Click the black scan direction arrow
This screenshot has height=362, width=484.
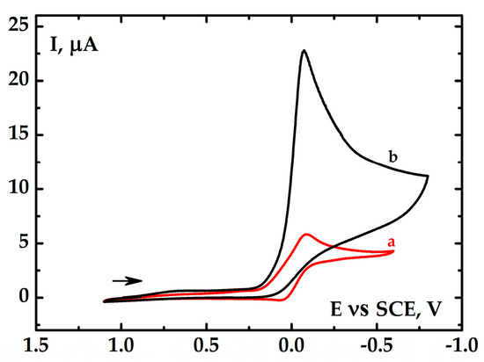127,281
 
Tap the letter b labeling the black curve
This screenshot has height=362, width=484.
393,157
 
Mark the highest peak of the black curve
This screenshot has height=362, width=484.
304,50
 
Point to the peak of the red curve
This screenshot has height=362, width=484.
306,235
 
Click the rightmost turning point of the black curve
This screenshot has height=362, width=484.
428,177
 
